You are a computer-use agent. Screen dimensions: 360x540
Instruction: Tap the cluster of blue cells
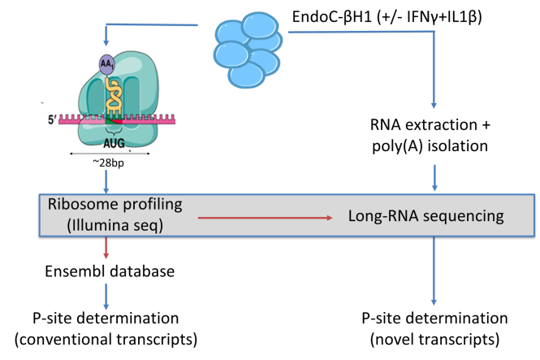tap(248, 49)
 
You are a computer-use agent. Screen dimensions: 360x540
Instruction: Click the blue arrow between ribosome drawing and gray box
tap(106, 180)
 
